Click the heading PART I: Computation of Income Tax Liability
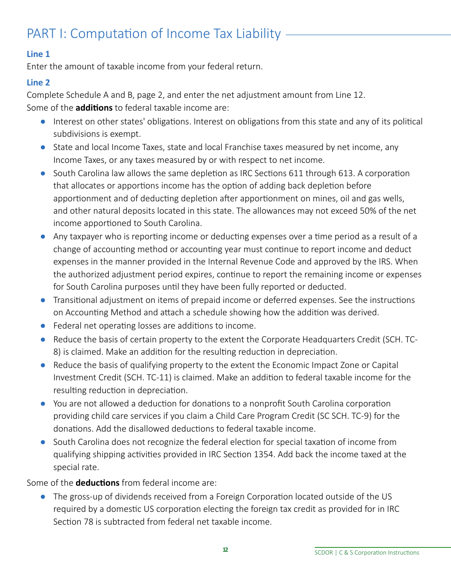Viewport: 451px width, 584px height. pos(153,34)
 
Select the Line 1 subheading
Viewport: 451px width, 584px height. pos(38,54)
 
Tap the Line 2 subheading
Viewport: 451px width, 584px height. pos(38,82)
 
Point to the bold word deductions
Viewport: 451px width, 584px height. pos(97,482)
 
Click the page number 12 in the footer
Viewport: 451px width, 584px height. pos(225,550)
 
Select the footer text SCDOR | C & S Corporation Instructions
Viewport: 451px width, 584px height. pos(366,553)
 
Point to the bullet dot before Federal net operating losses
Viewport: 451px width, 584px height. pos(43,326)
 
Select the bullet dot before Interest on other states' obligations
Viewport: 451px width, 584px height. pos(43,122)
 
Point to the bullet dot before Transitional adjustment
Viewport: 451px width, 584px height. pos(43,300)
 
